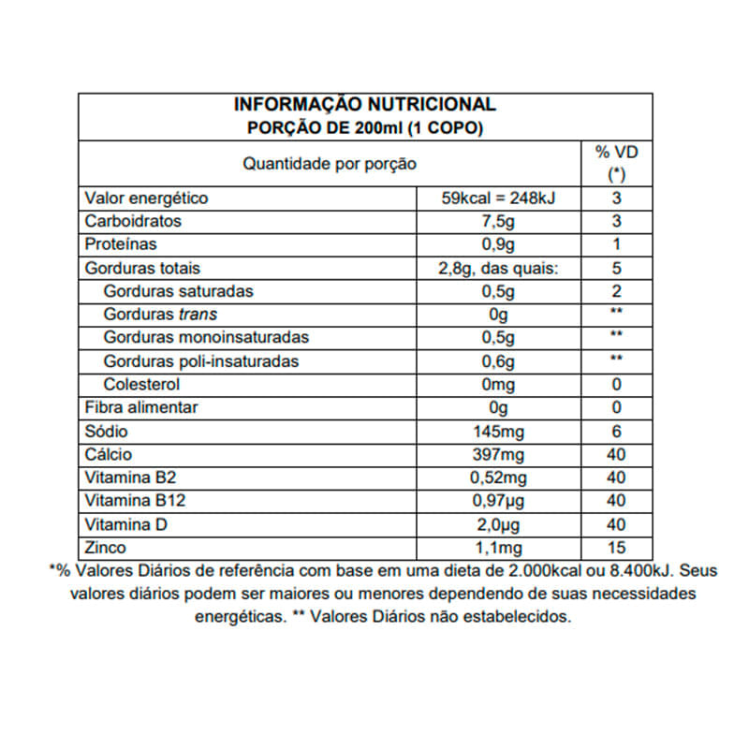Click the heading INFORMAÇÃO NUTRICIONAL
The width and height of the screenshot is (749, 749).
click(x=364, y=105)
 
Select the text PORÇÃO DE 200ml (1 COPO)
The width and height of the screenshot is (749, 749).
click(x=364, y=127)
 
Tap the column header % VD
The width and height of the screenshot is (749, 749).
click(x=616, y=153)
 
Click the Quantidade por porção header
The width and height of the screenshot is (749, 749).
click(x=330, y=164)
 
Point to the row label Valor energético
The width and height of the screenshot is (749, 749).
click(x=146, y=198)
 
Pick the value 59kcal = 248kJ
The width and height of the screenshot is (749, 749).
click(x=498, y=198)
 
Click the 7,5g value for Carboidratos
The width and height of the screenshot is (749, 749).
click(x=498, y=222)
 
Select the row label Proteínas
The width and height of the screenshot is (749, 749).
click(x=121, y=245)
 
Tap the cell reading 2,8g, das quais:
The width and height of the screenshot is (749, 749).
click(x=498, y=269)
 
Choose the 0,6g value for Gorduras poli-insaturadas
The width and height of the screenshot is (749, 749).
click(x=498, y=361)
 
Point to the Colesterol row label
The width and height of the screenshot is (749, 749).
click(x=142, y=385)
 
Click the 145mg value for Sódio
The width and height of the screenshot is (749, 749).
click(x=498, y=432)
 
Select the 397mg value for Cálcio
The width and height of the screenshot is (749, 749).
click(x=498, y=455)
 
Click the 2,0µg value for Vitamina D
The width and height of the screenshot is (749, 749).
click(x=498, y=524)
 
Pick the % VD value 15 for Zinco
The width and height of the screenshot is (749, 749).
click(x=616, y=548)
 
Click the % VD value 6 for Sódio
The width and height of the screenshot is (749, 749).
click(x=616, y=432)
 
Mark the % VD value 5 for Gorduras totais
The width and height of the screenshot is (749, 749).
click(x=616, y=269)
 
